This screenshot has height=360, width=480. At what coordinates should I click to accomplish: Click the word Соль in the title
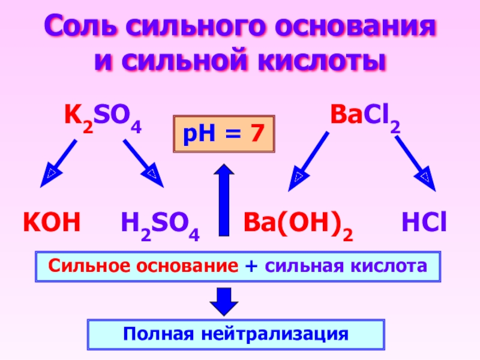click(x=81, y=28)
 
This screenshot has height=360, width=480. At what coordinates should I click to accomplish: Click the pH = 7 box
click(x=224, y=133)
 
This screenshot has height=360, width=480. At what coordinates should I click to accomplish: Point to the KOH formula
click(x=52, y=223)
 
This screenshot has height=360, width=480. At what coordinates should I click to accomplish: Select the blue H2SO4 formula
click(x=160, y=226)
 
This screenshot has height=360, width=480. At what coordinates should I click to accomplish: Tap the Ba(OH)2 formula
click(x=298, y=226)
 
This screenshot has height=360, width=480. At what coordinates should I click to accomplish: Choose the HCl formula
click(x=424, y=223)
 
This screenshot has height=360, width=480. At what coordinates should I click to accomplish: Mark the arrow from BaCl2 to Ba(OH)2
click(x=308, y=161)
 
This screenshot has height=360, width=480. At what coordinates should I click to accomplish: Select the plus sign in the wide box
click(x=248, y=266)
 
